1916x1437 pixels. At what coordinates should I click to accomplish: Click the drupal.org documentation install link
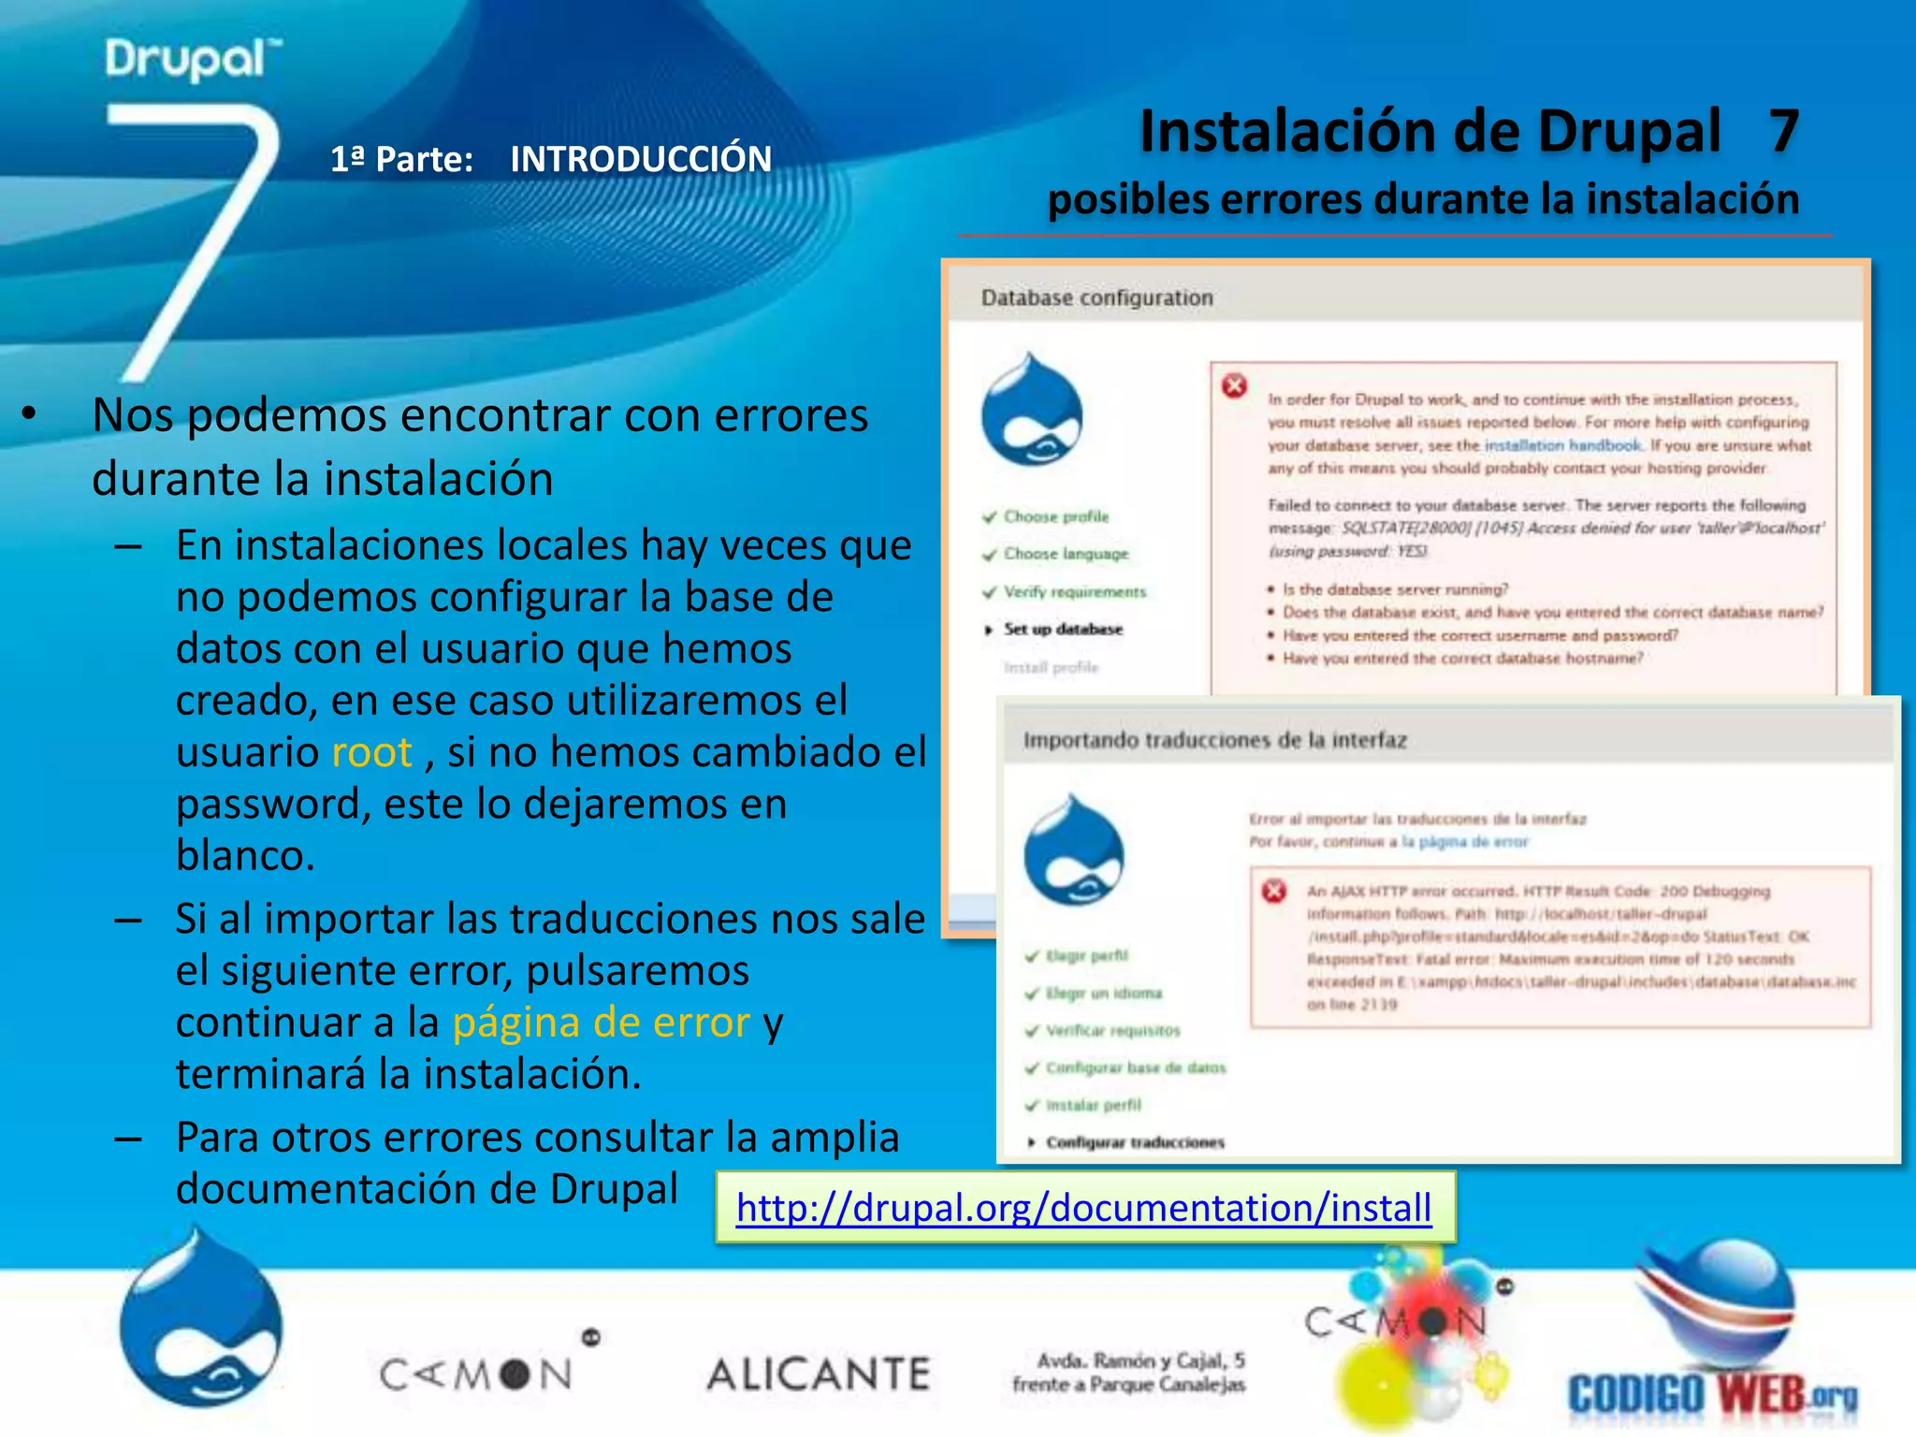tap(1083, 1208)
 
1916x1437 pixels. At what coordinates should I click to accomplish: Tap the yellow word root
tap(371, 752)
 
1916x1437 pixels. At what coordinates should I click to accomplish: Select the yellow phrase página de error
tap(601, 1023)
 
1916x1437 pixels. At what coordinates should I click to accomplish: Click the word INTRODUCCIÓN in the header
tap(641, 159)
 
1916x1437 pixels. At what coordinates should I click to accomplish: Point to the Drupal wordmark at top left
tap(192, 59)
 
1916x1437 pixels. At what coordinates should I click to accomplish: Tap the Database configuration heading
tap(1096, 298)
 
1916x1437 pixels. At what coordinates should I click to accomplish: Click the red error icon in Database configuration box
tap(1234, 385)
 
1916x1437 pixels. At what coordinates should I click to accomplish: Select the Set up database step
tap(1063, 630)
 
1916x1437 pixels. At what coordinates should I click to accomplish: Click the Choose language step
tap(1066, 554)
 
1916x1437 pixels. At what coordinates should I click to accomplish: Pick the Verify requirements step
tap(1074, 592)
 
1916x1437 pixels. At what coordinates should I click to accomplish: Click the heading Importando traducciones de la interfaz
tap(1214, 740)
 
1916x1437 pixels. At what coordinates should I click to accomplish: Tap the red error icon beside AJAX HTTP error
tap(1273, 891)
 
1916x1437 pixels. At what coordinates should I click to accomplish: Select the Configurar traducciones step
tap(1135, 1142)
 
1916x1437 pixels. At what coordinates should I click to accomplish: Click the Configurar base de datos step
tap(1135, 1067)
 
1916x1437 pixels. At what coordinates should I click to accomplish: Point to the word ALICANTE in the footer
tap(819, 1374)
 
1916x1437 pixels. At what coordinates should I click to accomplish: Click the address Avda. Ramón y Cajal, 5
tap(1139, 1360)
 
